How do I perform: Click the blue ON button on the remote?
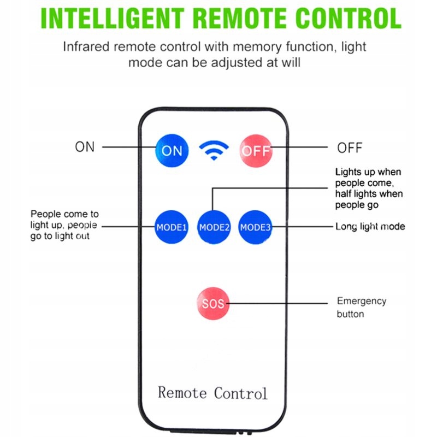[x=172, y=150]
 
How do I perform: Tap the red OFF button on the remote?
[x=256, y=150]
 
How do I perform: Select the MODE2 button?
[x=214, y=227]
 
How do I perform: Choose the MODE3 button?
[x=255, y=227]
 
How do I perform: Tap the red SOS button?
[x=213, y=303]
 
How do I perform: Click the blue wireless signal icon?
[x=214, y=150]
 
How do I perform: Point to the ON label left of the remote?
[x=85, y=147]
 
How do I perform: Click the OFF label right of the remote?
[x=350, y=147]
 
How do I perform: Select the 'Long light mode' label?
[x=370, y=226]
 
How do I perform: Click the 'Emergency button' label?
[x=361, y=307]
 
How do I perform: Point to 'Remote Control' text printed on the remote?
[x=212, y=393]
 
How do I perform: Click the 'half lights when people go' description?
[x=369, y=199]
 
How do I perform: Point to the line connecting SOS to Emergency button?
[x=279, y=303]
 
